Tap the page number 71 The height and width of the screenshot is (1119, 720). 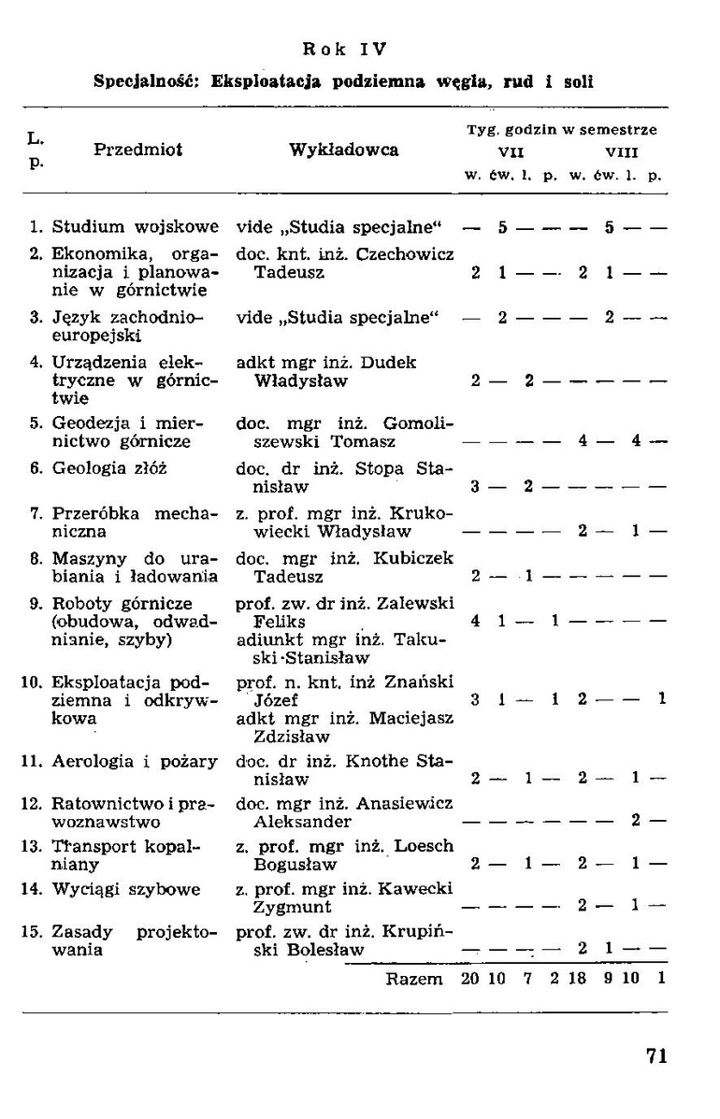coord(656,1056)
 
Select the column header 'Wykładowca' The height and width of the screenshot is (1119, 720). coord(344,150)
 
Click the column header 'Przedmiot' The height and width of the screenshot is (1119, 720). coord(137,150)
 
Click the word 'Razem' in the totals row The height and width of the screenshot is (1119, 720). coord(414,980)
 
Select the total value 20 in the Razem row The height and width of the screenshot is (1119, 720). coord(469,980)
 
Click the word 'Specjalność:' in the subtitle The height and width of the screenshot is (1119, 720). coord(149,82)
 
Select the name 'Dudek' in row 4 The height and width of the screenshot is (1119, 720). coord(394,362)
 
